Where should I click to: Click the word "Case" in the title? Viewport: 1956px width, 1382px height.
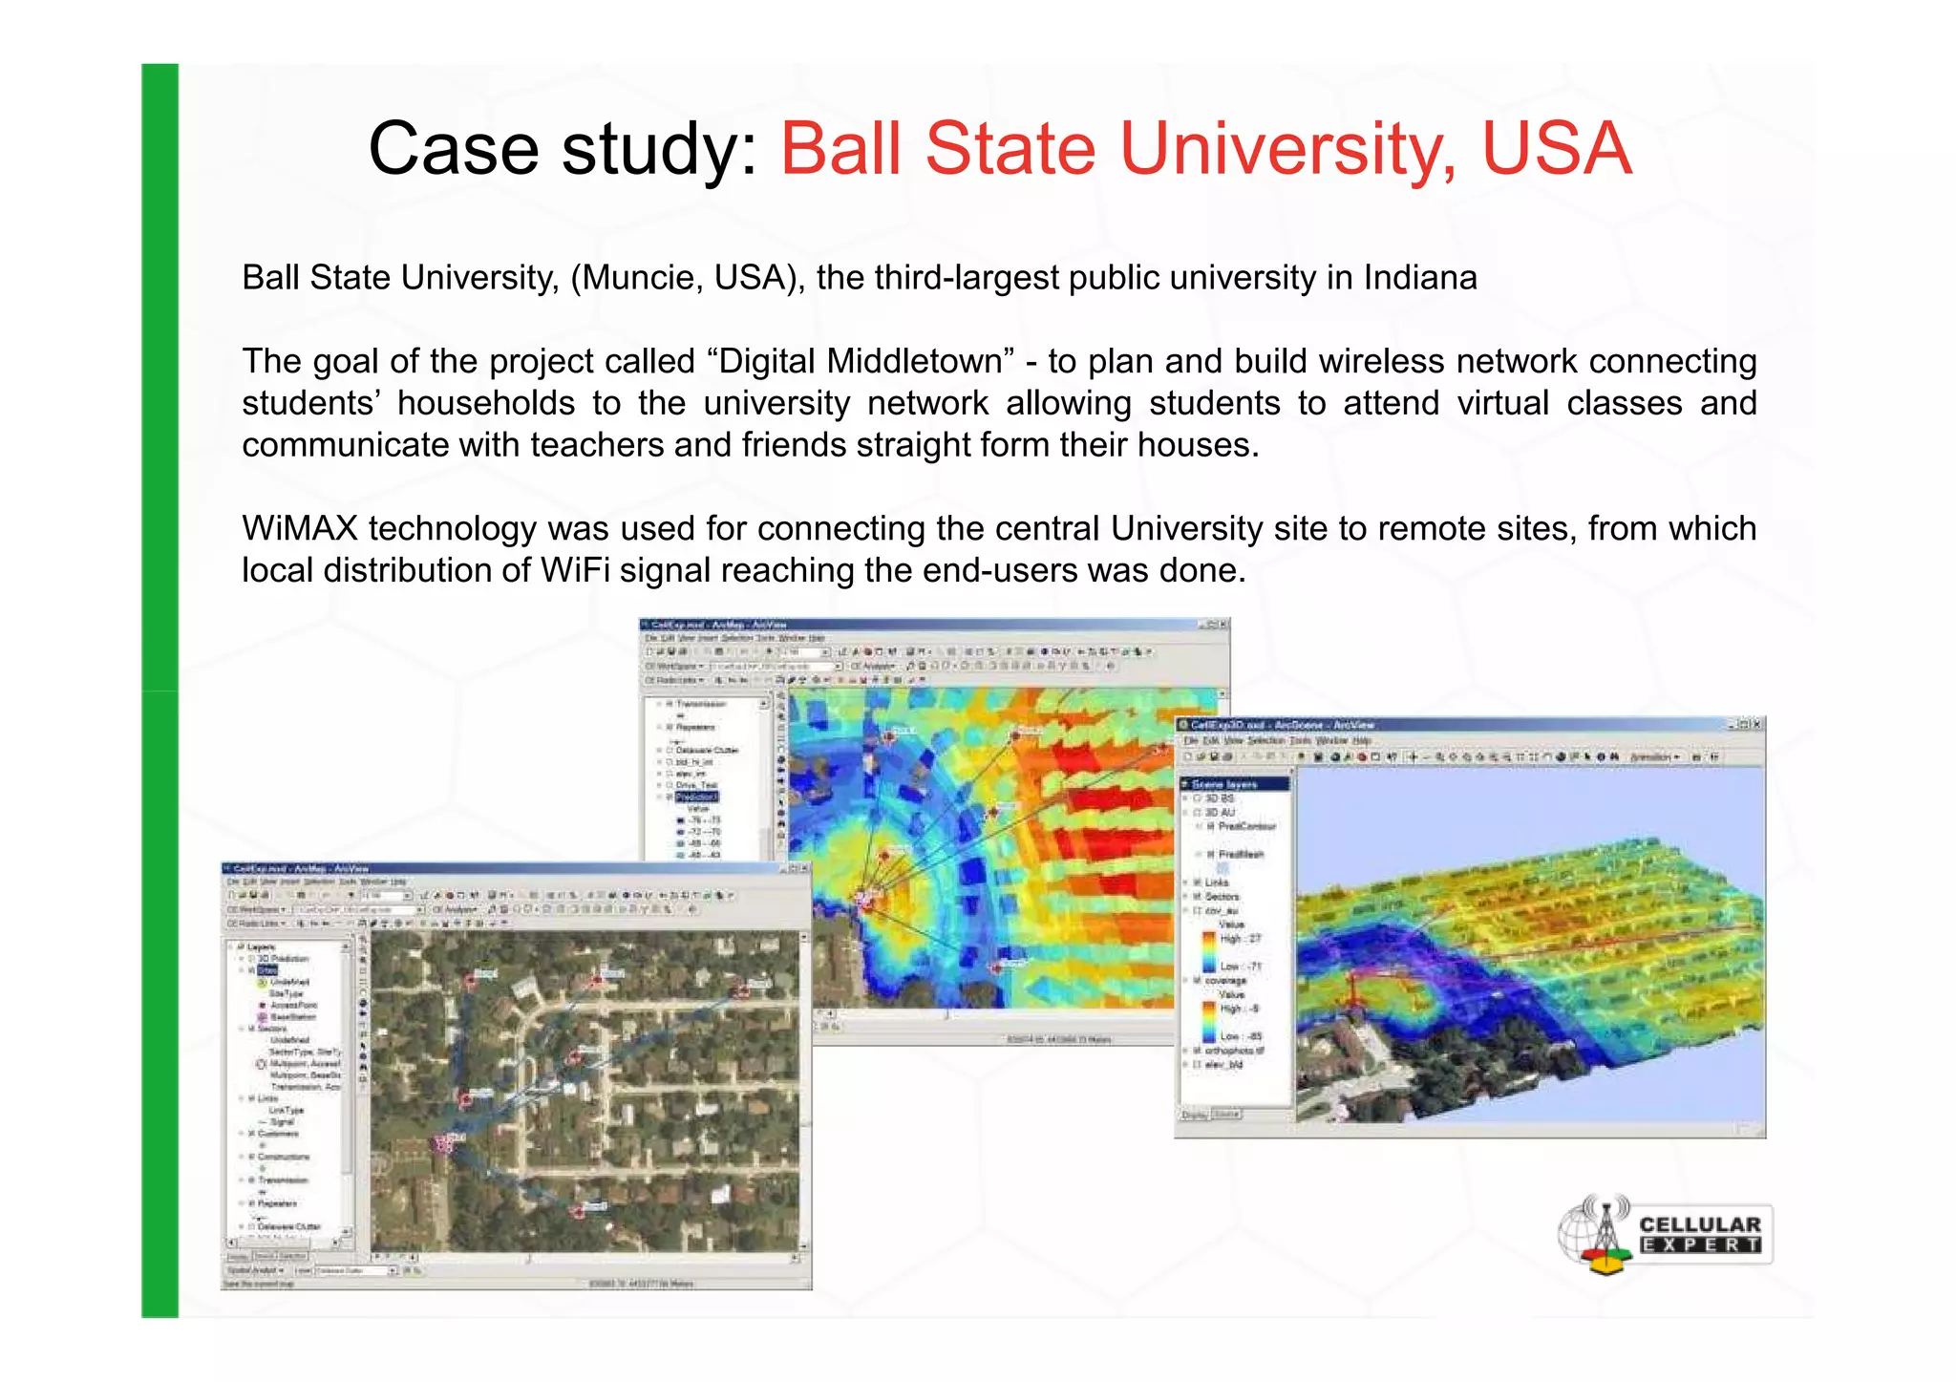pos(453,149)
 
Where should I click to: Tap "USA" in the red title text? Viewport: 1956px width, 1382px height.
pos(1557,149)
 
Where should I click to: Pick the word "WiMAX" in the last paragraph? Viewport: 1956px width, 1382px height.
pos(299,528)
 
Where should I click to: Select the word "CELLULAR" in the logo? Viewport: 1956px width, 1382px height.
pos(1700,1224)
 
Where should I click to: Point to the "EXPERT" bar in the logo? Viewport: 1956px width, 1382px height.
pos(1700,1245)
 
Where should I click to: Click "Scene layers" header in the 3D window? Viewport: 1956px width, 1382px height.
pos(1224,784)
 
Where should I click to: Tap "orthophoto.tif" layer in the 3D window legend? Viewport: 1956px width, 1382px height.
pos(1234,1051)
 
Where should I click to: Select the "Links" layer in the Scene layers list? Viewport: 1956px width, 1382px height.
pos(1217,882)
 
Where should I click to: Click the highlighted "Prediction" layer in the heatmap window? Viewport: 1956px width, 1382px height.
pos(696,797)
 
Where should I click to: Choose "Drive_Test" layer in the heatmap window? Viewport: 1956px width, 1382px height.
pos(696,785)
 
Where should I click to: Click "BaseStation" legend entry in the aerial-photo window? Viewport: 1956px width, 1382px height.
pos(292,1017)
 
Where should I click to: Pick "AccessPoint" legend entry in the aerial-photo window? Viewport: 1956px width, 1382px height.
pos(293,1006)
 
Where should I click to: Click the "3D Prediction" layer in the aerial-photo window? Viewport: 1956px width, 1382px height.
pos(283,958)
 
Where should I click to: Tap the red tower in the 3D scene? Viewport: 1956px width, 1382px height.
pos(1352,993)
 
